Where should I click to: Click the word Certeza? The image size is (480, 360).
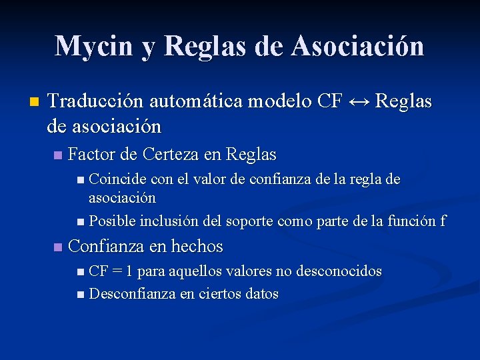tap(170, 155)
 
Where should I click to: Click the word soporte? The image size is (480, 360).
tap(252, 221)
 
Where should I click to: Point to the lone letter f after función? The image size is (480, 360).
tap(443, 221)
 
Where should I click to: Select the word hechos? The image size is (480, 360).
tap(197, 247)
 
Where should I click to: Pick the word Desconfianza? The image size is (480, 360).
tap(132, 294)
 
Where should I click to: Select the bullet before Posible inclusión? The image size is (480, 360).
tap(80, 221)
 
